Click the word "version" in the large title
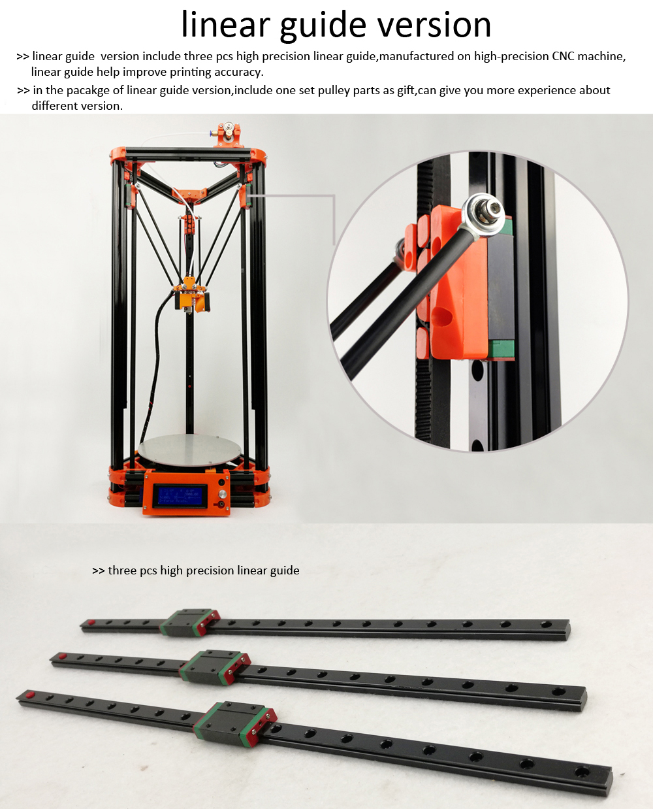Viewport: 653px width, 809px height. pyautogui.click(x=434, y=25)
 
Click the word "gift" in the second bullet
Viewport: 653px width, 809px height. pyautogui.click(x=406, y=90)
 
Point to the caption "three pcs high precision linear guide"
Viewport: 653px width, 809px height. pyautogui.click(x=204, y=570)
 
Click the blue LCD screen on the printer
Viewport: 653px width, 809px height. pyautogui.click(x=180, y=495)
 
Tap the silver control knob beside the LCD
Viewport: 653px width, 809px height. pyautogui.click(x=221, y=494)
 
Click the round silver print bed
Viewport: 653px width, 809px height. pyautogui.click(x=189, y=450)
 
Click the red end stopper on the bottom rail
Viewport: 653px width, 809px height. pyautogui.click(x=29, y=695)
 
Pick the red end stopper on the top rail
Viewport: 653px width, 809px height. pyautogui.click(x=90, y=622)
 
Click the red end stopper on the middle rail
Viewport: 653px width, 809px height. pyautogui.click(x=62, y=655)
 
